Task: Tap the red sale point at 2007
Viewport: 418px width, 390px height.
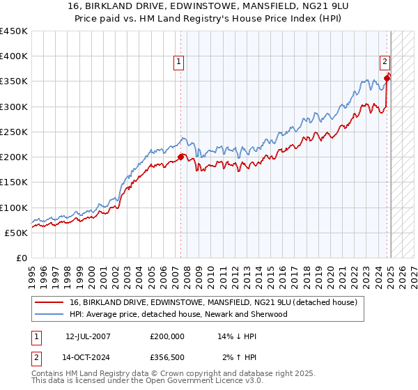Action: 181,157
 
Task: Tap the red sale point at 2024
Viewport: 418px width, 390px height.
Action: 388,78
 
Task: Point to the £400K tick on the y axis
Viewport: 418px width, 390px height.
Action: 14,56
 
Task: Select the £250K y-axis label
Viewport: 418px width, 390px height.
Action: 14,132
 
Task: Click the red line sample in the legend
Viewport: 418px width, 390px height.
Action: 49,302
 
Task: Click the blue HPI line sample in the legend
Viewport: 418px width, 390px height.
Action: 49,314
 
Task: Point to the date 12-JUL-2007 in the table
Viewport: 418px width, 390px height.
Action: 88,336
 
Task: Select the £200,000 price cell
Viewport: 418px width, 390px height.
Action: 167,336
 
